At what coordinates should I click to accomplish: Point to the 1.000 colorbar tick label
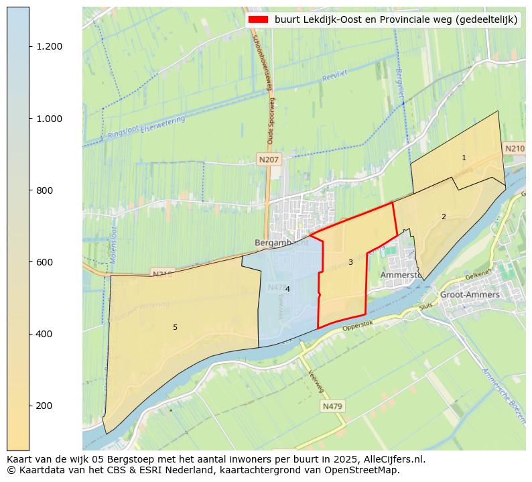(49, 119)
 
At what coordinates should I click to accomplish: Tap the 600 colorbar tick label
(44, 262)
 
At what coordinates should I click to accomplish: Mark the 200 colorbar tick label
(44, 406)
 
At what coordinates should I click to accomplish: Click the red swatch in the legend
(258, 20)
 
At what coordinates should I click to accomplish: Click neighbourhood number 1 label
(464, 158)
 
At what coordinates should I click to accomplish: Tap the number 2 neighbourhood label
(444, 217)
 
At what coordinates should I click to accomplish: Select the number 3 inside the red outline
(350, 262)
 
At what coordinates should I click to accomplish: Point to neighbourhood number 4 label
(287, 289)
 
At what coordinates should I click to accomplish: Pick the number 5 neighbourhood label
(175, 327)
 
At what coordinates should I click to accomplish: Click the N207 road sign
(269, 160)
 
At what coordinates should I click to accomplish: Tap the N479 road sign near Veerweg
(332, 406)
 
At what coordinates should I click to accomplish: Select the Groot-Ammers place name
(470, 294)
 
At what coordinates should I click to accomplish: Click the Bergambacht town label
(281, 242)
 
